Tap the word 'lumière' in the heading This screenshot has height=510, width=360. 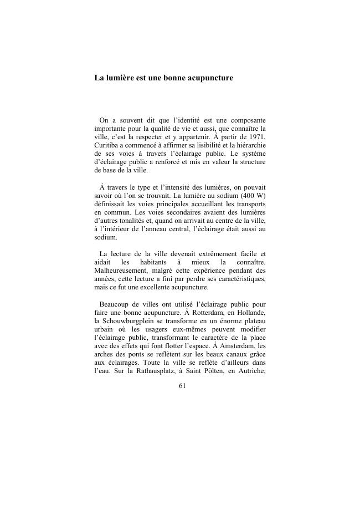click(121, 78)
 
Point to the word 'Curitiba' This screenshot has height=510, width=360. click(107, 145)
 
